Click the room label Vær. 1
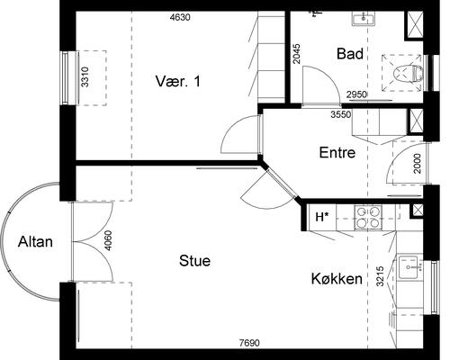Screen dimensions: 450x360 [x=178, y=81]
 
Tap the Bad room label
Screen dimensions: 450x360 [x=350, y=54]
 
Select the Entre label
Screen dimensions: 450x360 [x=337, y=152]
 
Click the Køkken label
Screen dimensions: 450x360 [x=337, y=279]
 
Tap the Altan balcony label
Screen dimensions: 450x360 [x=35, y=242]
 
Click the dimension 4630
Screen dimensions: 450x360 [x=180, y=17]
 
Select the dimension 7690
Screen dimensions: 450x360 [x=249, y=342]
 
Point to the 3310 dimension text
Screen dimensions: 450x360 [x=85, y=77]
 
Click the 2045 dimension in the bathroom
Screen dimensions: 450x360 [x=296, y=54]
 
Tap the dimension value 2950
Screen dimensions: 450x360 [x=356, y=94]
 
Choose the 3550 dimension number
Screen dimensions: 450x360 [x=341, y=114]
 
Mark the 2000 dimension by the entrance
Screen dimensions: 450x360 [x=418, y=164]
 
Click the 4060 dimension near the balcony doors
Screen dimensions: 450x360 [x=108, y=240]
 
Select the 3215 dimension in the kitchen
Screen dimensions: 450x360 [x=380, y=276]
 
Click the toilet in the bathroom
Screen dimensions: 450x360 [x=408, y=74]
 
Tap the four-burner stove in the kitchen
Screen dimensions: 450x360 [x=368, y=217]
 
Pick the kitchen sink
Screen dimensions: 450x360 [x=410, y=266]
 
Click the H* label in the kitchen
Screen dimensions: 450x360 [x=322, y=217]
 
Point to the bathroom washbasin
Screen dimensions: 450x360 [x=364, y=18]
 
